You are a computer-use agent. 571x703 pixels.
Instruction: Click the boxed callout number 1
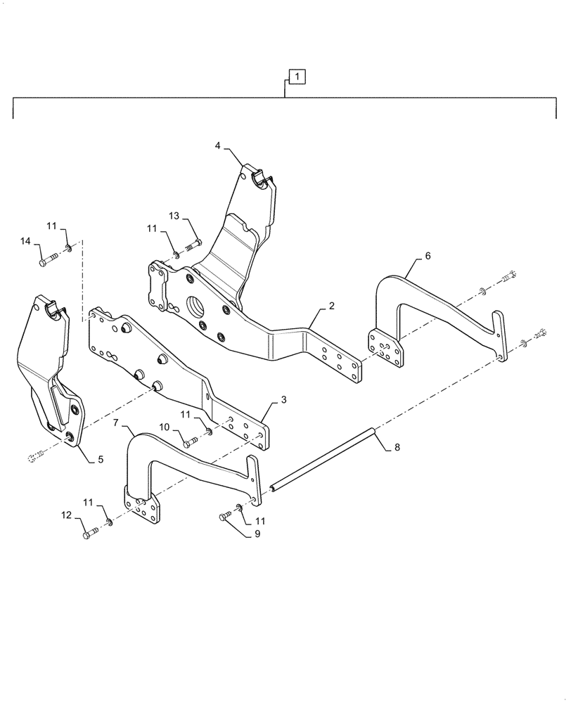[x=297, y=75]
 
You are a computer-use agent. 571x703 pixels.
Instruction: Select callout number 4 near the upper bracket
[x=218, y=146]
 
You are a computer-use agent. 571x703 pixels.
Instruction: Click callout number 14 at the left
[x=25, y=241]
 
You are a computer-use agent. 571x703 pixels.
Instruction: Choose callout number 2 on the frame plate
[x=331, y=307]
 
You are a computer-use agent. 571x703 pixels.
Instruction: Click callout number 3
[x=283, y=400]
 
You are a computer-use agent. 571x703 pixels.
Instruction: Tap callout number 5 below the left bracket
[x=101, y=459]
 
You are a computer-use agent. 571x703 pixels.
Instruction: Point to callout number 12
[x=67, y=516]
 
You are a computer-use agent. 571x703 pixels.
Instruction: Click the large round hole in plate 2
[x=194, y=308]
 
